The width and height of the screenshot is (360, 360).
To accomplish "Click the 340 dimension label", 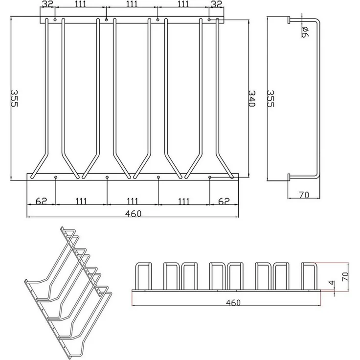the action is tap(252, 98).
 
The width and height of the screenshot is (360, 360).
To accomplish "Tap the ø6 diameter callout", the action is tap(305, 31).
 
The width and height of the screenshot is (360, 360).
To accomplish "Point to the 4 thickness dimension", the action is tap(332, 283).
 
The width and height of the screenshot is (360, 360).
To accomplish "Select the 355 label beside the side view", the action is tap(271, 98).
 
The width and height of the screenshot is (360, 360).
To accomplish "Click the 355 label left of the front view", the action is tap(14, 98).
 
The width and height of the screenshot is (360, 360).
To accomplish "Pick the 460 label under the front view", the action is tap(134, 214).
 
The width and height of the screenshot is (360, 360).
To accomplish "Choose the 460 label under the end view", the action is tap(233, 303).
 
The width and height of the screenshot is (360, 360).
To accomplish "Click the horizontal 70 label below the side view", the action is tap(304, 195).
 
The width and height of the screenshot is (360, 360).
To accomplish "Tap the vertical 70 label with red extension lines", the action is tap(345, 277).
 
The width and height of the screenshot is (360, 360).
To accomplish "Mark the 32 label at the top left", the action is tap(48, 4).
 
